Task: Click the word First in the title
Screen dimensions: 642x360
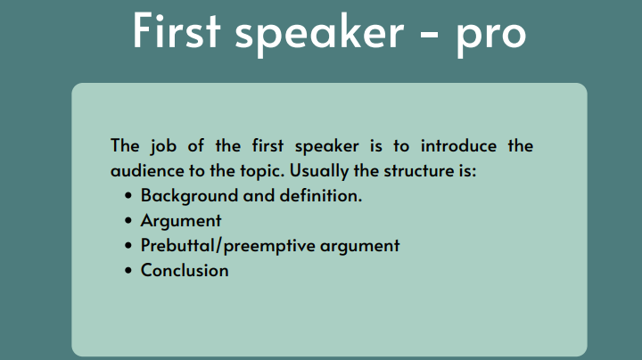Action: pos(177,30)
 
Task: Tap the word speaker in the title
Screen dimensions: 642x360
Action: pos(319,34)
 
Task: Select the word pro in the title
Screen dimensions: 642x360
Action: pos(491,37)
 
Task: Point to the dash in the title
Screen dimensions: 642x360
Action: pos(429,35)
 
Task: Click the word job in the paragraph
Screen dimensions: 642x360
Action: pos(163,146)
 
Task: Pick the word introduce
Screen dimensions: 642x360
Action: pos(458,145)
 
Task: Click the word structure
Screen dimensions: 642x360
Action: pos(417,171)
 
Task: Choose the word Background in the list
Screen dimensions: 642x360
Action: pos(190,196)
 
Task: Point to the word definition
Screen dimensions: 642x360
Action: pos(321,195)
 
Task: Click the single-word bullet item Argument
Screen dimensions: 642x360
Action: pos(181,221)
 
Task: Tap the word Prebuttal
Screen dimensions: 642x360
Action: pos(177,245)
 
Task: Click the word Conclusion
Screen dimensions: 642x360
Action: pos(185,270)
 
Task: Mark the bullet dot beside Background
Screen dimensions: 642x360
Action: pos(128,196)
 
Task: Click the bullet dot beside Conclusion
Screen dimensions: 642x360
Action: pos(128,271)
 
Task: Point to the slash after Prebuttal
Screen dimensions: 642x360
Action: pos(218,246)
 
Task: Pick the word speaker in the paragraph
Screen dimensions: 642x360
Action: pos(326,146)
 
